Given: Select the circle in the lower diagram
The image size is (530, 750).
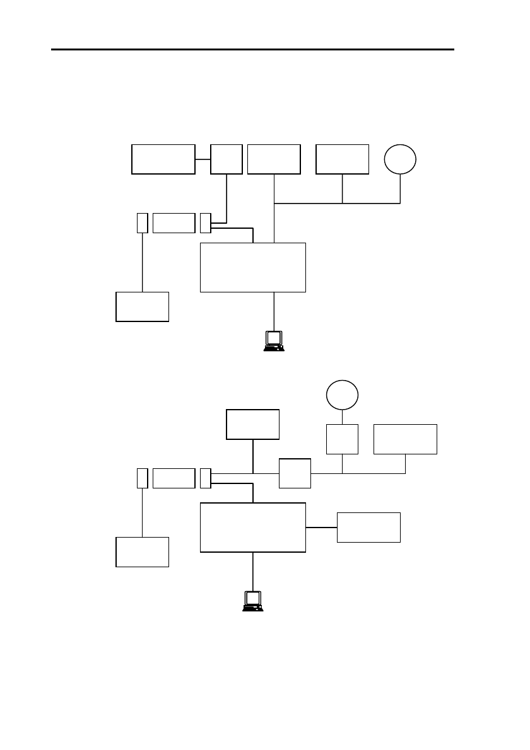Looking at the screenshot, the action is tap(342, 395).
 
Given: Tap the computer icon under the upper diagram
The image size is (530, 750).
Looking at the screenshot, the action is tap(274, 340).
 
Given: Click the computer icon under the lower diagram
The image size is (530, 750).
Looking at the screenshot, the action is tap(253, 601).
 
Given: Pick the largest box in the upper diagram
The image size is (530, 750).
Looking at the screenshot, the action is tap(252, 267).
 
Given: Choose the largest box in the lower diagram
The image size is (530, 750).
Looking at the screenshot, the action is tap(252, 528).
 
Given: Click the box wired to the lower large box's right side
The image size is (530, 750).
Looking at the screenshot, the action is tap(368, 528).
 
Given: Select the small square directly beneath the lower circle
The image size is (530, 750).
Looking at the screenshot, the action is tap(342, 439).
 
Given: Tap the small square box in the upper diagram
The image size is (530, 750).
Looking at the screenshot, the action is tap(226, 159).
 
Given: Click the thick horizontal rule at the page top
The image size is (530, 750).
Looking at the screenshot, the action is tap(252, 49).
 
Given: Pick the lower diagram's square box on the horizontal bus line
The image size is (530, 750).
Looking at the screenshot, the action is tap(295, 473).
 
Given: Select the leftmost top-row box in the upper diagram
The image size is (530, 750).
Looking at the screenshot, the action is tap(163, 159).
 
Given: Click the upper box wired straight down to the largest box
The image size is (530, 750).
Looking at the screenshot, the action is tap(274, 159).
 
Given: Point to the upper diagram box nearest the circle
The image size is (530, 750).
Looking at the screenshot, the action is tap(342, 159).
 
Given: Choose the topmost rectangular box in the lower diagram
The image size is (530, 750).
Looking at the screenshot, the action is tap(253, 424).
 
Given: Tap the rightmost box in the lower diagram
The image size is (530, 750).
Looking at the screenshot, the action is tap(405, 439).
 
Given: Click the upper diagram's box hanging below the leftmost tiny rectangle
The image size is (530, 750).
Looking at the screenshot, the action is tap(143, 307).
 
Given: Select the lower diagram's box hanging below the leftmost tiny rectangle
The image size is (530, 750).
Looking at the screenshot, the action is tap(143, 552).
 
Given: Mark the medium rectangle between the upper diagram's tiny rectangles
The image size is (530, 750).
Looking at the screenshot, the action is tap(174, 223).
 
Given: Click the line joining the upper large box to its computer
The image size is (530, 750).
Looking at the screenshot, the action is tap(274, 310).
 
